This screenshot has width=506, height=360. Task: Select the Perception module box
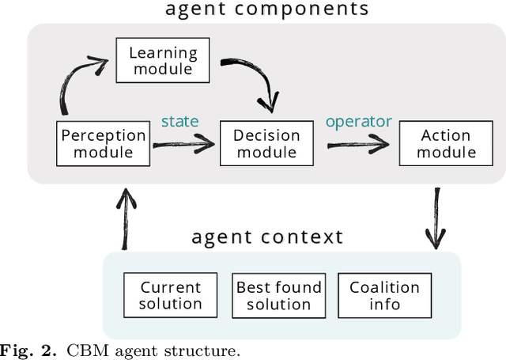pos(104,143)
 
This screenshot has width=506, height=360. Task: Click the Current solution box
pos(171,296)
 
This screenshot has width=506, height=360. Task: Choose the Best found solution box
pos(278,296)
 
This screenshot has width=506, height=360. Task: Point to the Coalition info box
pos(385,296)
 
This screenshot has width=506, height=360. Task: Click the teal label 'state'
pos(179,121)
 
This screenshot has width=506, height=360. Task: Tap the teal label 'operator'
pos(358,121)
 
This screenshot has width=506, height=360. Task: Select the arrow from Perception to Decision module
pos(184,144)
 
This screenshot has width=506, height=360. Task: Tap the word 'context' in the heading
pos(305,237)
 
